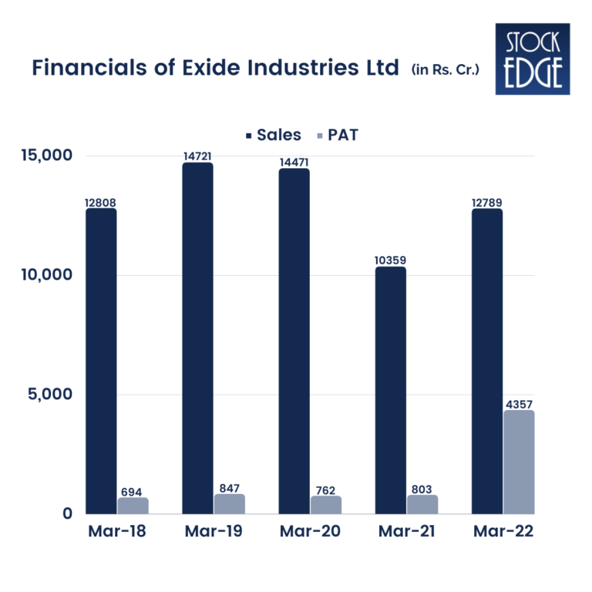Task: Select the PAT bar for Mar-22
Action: (519, 462)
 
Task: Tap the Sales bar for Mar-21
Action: (390, 390)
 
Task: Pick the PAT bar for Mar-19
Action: (230, 503)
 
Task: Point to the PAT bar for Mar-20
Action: (326, 504)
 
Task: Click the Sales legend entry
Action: (274, 135)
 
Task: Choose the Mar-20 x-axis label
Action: (309, 531)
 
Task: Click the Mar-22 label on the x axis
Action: (502, 531)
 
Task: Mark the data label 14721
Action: (197, 156)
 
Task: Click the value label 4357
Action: (519, 404)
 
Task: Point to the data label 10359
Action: (391, 261)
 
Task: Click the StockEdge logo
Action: (533, 59)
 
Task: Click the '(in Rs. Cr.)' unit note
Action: (446, 70)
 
